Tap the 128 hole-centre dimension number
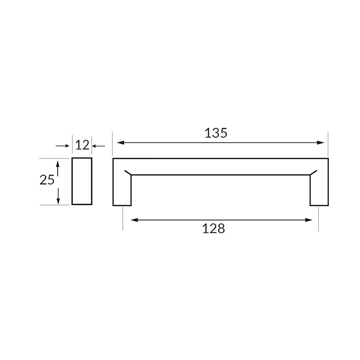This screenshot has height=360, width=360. click(x=214, y=229)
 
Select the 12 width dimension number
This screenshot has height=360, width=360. click(x=82, y=145)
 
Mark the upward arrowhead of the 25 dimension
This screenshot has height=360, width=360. click(x=58, y=163)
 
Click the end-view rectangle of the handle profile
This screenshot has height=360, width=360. click(x=82, y=181)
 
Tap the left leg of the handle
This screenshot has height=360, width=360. click(x=122, y=190)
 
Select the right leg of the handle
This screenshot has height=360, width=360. click(x=319, y=190)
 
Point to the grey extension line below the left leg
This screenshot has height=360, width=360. click(x=123, y=219)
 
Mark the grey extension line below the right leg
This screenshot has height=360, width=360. click(x=318, y=219)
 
